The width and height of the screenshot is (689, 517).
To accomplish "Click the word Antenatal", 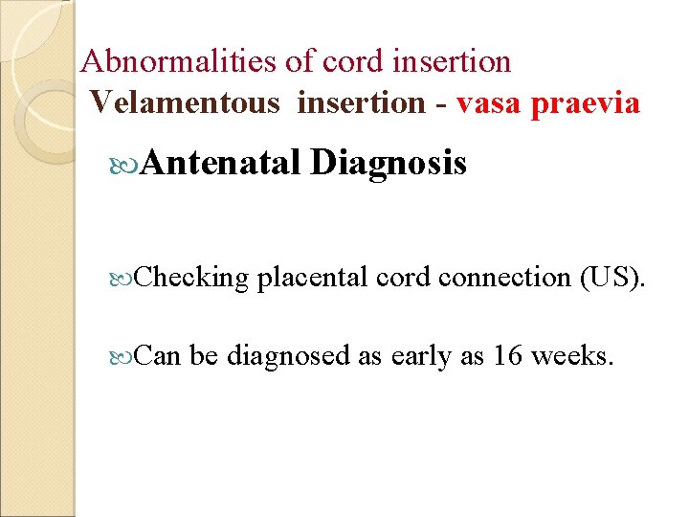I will [221, 164].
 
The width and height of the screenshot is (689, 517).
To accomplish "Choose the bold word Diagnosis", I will [389, 164].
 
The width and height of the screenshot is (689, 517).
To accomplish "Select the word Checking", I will [191, 278].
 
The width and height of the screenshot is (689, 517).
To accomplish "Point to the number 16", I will [508, 355].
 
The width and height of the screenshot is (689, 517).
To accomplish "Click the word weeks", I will [572, 355].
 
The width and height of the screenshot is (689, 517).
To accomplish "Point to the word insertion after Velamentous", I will [360, 101].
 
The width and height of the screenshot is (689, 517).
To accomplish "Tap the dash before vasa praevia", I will [440, 103].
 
